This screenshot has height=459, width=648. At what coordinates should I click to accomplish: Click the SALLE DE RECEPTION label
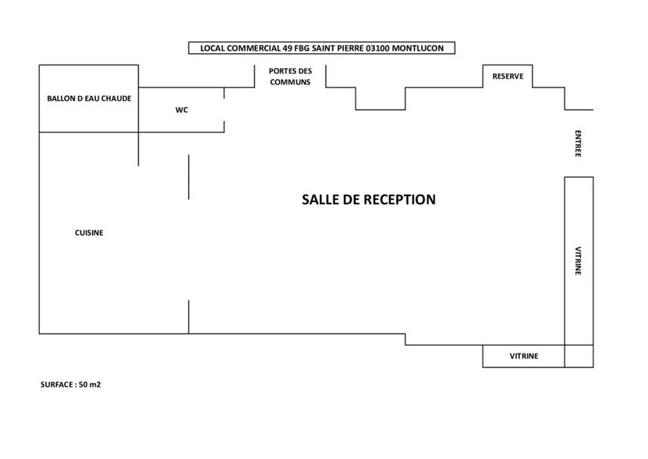pos(368,200)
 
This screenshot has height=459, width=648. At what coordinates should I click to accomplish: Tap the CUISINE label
pos(89,233)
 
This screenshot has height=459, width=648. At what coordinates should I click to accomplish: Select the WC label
pos(182,110)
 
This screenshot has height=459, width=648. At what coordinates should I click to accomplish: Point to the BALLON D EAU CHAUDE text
pos(89,99)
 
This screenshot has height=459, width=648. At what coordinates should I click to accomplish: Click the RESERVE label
pos(508,76)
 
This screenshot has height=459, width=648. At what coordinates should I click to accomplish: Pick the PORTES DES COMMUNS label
pos(289,76)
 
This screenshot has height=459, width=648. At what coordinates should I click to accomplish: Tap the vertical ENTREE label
pos(578,144)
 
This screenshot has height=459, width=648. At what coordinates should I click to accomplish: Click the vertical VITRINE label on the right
pos(578,262)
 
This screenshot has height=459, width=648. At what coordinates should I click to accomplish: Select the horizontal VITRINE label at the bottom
pos(524,357)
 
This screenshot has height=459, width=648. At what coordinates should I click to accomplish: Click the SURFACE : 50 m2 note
pos(71,385)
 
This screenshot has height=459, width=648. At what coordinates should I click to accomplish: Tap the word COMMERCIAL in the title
pos(254,48)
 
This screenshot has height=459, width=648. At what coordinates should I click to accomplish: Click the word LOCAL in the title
pos(212,48)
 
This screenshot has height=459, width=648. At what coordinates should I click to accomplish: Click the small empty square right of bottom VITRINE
pos(579,356)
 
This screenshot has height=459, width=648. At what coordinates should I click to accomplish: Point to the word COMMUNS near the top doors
pos(289,82)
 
